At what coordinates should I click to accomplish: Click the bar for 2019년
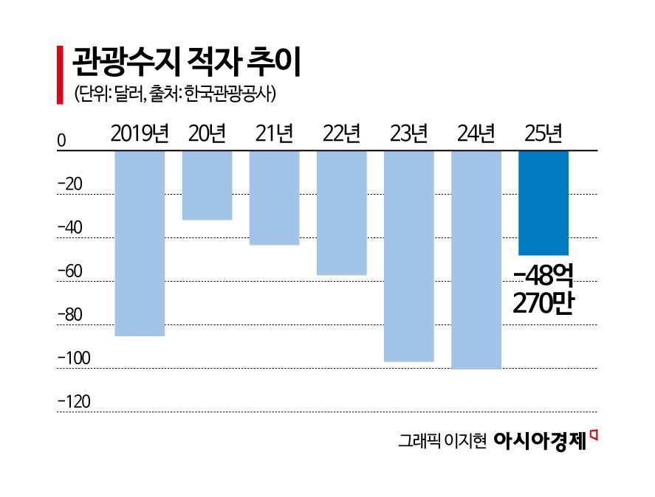tap(140, 243)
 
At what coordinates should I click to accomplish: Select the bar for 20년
tap(207, 185)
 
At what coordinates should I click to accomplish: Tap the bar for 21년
tap(274, 198)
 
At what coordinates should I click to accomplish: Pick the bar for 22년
tap(341, 212)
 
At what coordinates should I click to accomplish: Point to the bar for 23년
tap(408, 256)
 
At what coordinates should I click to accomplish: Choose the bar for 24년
tap(476, 260)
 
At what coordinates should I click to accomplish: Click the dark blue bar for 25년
tap(543, 203)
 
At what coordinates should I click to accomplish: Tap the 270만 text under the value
tap(543, 303)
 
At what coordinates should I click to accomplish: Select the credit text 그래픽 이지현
tap(442, 442)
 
